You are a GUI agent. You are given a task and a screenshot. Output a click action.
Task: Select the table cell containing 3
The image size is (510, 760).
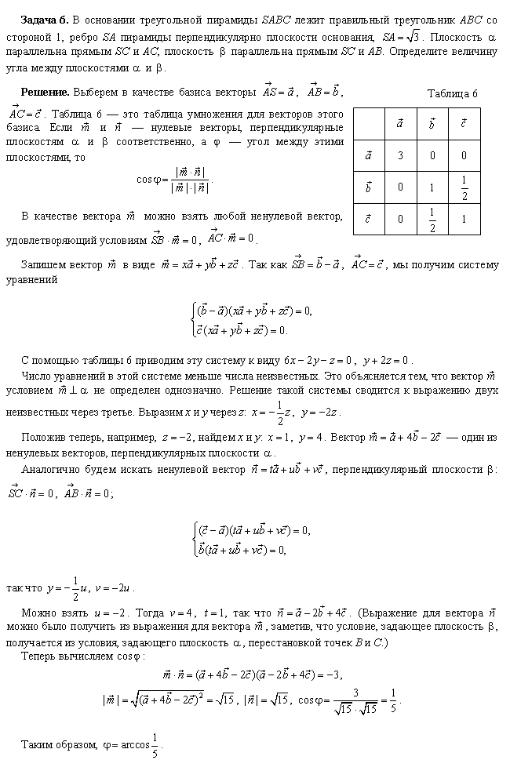[400, 155]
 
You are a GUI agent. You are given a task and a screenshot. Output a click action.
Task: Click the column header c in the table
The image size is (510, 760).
[464, 123]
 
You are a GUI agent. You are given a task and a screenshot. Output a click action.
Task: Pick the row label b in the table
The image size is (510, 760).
[368, 187]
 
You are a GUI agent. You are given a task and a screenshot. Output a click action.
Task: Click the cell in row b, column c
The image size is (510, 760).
[464, 187]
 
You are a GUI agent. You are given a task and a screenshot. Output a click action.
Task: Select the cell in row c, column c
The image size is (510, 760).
[464, 220]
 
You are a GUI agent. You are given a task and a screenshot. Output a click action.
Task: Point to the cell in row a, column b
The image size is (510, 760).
[432, 155]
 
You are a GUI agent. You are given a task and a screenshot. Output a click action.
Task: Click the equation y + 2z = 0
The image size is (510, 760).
[384, 361]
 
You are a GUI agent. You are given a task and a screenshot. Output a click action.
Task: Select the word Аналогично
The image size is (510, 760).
[52, 470]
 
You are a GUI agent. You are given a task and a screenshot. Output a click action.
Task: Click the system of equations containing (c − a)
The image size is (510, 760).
[251, 540]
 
